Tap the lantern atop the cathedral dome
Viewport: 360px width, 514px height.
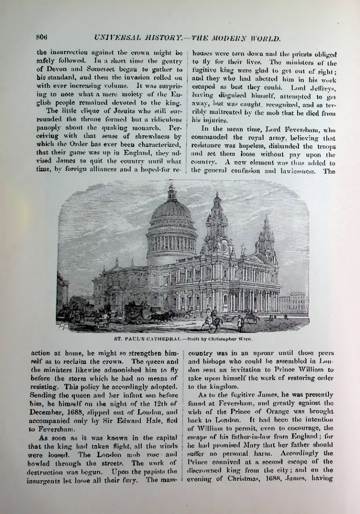172,191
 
